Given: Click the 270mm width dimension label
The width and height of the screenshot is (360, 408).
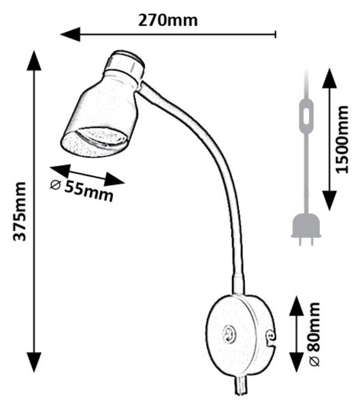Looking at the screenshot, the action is click(168, 20).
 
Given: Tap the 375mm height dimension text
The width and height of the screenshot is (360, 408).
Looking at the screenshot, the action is click(20, 211).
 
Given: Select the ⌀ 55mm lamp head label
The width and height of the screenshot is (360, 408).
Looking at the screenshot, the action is click(82, 190).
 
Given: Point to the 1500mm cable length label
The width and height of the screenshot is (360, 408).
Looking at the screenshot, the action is click(342, 139).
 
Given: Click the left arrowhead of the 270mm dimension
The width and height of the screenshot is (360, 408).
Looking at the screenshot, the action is click(70, 34).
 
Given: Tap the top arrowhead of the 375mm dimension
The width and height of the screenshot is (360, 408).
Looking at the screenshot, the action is click(34, 61).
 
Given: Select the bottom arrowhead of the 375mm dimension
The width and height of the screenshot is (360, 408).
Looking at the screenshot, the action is click(34, 362).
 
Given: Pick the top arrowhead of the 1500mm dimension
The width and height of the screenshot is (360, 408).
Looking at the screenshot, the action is click(329, 78).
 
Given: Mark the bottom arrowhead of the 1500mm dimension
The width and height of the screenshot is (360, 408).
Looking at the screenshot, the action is click(329, 201).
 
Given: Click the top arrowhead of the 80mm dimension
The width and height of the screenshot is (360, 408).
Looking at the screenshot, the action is click(297, 305).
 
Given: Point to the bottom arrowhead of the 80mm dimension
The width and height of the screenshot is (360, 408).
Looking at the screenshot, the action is click(297, 362).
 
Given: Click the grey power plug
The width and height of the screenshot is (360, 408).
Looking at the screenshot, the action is click(306, 229).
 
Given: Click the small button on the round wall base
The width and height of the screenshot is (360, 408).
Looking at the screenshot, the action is click(229, 333).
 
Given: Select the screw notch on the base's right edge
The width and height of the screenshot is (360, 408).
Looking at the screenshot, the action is click(270, 337).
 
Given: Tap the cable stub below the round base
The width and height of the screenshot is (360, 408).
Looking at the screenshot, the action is click(240, 385).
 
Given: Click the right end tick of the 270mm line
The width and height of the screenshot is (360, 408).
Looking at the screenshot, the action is click(276, 34).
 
